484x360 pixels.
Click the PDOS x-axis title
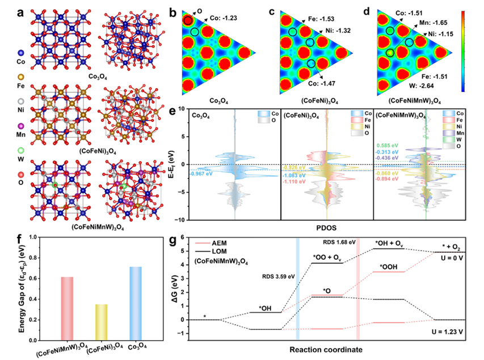(x=329, y=227)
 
